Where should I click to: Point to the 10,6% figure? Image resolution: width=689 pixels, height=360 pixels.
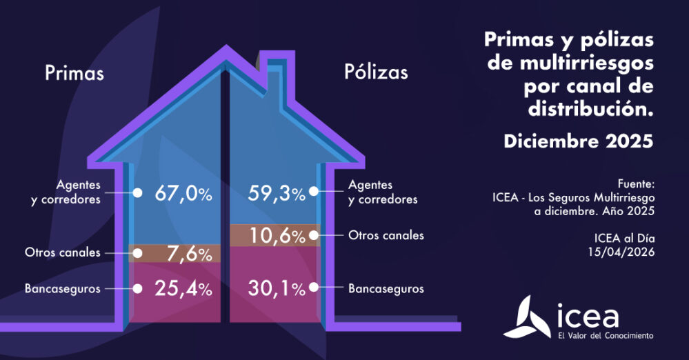(x=276, y=236)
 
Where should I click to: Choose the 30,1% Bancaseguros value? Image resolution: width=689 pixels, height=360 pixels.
(x=276, y=289)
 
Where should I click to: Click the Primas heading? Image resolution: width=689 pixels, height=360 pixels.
(x=74, y=73)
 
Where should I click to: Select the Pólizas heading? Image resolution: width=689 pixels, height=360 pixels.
(x=376, y=72)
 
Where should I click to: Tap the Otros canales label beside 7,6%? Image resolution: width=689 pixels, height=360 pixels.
(x=63, y=253)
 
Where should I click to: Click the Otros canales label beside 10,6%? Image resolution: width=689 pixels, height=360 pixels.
(x=386, y=236)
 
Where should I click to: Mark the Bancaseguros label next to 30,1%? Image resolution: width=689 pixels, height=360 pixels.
(x=386, y=288)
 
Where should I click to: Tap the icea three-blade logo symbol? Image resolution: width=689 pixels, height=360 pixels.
(x=533, y=319)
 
